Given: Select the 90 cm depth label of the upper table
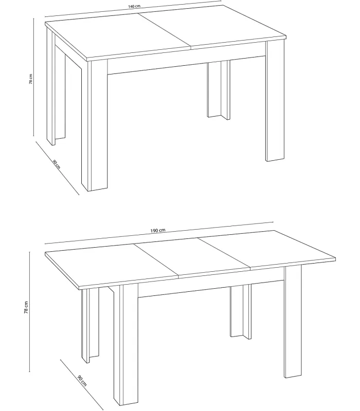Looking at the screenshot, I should pos(56,164).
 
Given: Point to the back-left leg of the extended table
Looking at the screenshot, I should pos(91,324).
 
